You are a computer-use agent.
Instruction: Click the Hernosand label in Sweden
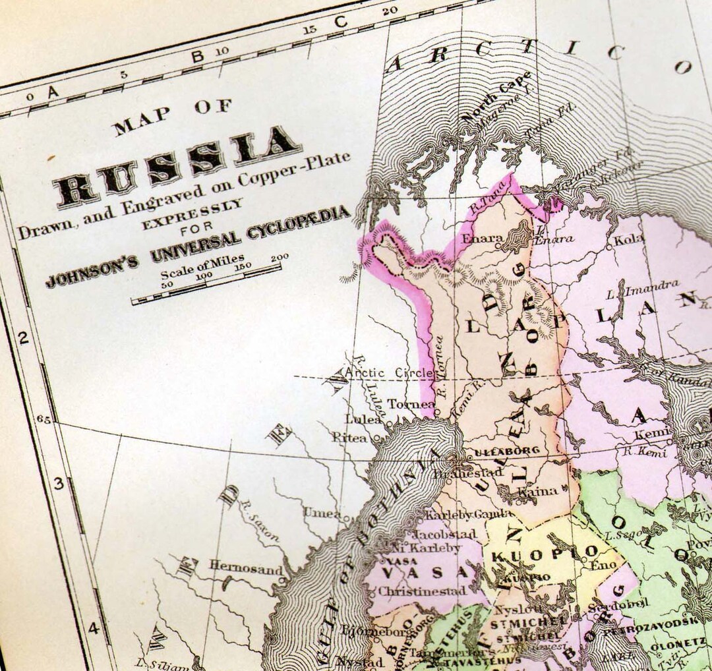coord(241,566)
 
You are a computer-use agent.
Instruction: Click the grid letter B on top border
coord(196,57)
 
